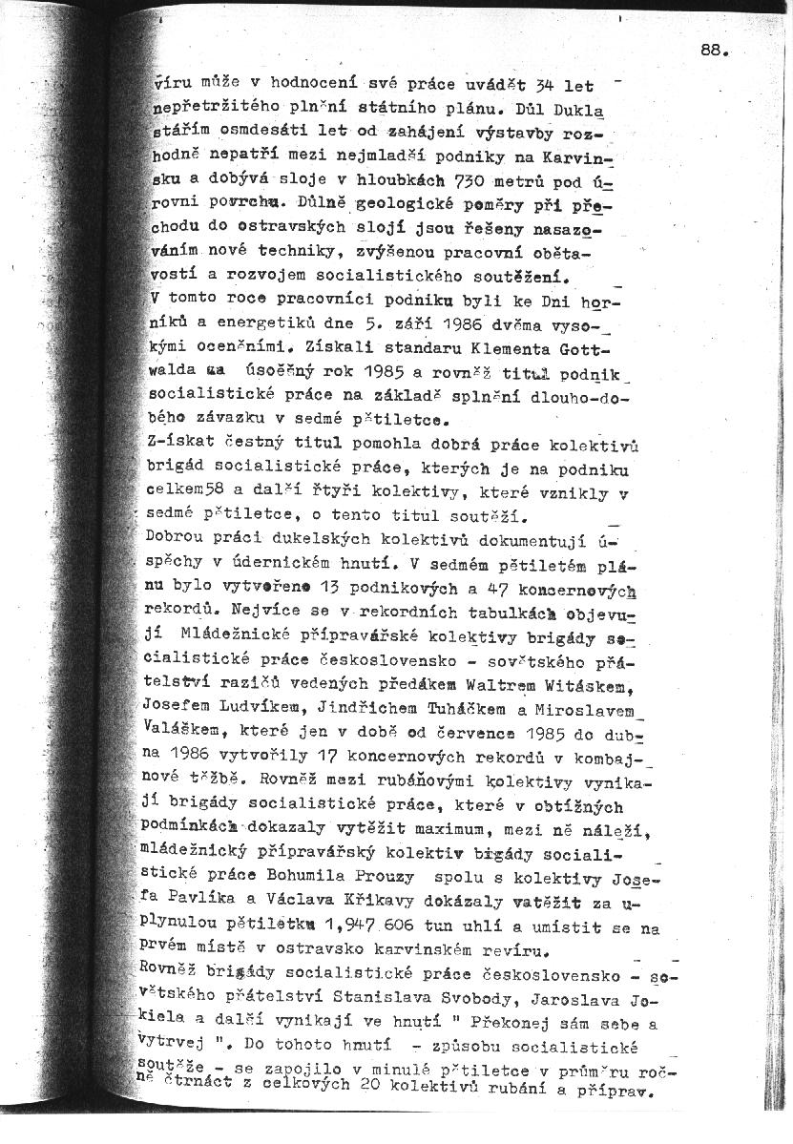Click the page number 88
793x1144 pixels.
pyautogui.click(x=715, y=53)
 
